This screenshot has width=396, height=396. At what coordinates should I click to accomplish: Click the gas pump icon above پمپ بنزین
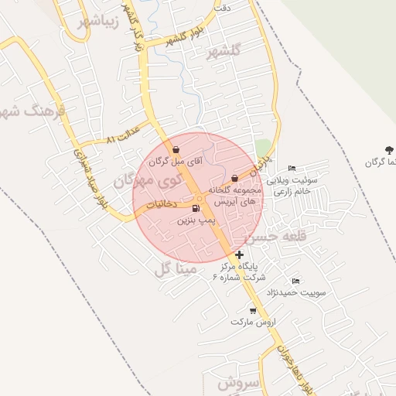[194, 208]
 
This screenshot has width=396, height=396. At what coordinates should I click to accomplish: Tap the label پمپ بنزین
[194, 220]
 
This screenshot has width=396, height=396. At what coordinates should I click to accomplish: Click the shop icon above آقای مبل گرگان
[176, 150]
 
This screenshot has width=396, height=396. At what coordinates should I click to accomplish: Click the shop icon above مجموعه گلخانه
[234, 179]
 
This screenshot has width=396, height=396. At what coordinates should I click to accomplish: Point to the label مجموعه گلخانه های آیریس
[234, 195]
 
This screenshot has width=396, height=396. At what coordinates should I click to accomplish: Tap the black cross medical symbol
[240, 254]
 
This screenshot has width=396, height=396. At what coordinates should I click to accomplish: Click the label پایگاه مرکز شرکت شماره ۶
[243, 271]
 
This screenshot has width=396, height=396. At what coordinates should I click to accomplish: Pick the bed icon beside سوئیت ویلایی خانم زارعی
[292, 168]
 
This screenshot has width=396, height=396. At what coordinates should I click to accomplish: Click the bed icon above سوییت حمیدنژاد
[295, 281]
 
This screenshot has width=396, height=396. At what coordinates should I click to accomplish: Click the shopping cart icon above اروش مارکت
[253, 310]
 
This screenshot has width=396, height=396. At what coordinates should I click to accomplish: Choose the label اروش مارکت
[248, 322]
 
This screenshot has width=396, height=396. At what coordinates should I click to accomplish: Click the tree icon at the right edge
[388, 149]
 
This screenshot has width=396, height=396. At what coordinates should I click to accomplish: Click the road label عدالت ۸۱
[123, 134]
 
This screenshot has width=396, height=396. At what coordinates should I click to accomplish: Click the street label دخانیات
[162, 204]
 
